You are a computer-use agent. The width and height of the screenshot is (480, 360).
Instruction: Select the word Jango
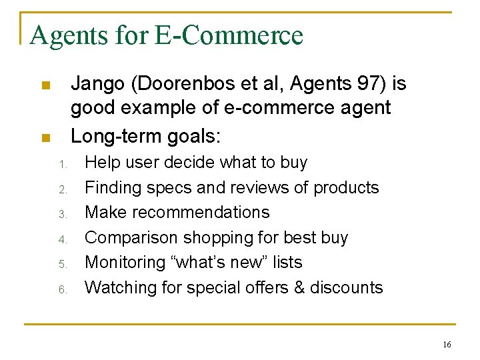[x=99, y=84]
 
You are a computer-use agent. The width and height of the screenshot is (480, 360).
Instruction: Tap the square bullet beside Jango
[x=45, y=85]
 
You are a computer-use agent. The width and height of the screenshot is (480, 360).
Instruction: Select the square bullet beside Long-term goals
[x=45, y=138]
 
